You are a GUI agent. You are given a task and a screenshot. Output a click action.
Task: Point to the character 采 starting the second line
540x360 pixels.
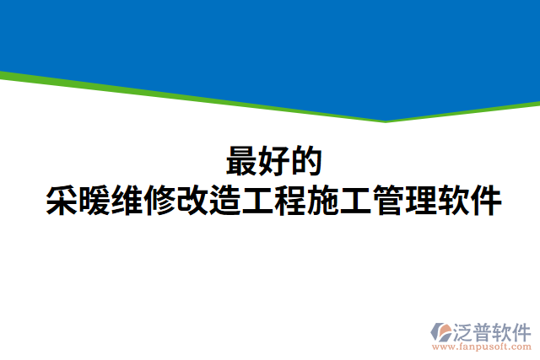[x=62, y=201]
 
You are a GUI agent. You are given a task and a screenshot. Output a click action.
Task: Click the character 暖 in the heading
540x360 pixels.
[x=94, y=201]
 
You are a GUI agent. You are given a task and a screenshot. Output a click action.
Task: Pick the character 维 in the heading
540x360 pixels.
[x=127, y=201]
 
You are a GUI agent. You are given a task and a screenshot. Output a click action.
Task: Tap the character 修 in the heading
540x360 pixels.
[x=160, y=201]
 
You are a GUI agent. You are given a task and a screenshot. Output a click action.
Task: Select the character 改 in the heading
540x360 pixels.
[x=193, y=201]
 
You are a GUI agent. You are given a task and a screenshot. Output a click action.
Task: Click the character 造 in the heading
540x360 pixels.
[x=225, y=201]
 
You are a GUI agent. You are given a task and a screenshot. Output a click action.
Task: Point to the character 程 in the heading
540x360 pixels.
[x=291, y=201]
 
